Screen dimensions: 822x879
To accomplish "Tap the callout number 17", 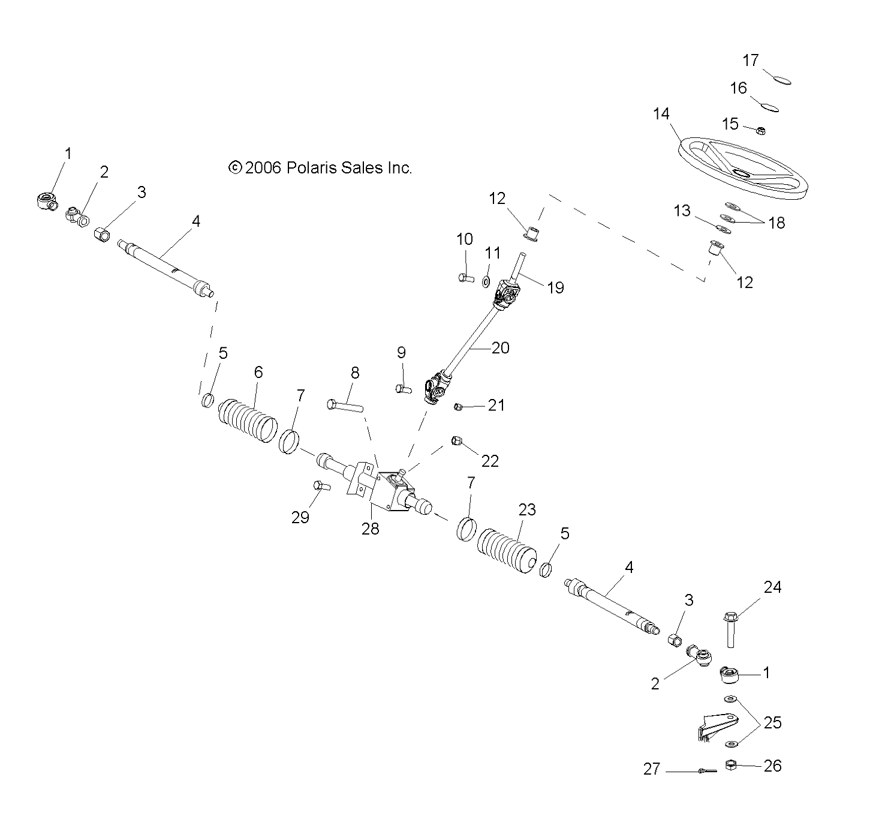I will click(x=751, y=61).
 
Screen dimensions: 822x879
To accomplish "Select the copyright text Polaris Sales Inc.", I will click(x=321, y=168).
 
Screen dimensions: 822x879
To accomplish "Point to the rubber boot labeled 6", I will click(x=248, y=416).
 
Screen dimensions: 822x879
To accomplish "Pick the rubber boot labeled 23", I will click(x=507, y=546).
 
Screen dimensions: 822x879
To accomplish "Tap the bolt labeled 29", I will click(x=321, y=486).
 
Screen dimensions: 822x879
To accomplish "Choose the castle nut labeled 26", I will click(x=731, y=765).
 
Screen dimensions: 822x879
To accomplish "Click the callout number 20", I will click(x=500, y=348).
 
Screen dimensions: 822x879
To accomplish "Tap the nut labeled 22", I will click(x=456, y=442).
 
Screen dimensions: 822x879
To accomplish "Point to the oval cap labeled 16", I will click(x=769, y=106).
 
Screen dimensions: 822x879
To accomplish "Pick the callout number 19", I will click(x=555, y=288).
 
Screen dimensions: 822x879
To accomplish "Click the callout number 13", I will click(x=682, y=211).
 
